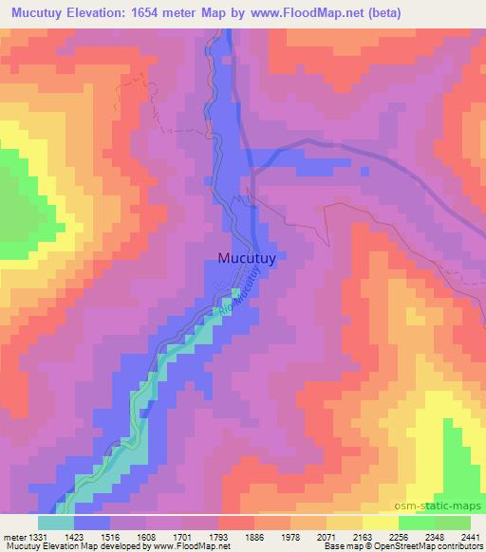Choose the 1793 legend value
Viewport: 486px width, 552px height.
[x=235, y=537]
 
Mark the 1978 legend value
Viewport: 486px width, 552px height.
[x=308, y=537]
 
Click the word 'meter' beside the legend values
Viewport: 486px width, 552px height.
[x=13, y=537]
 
